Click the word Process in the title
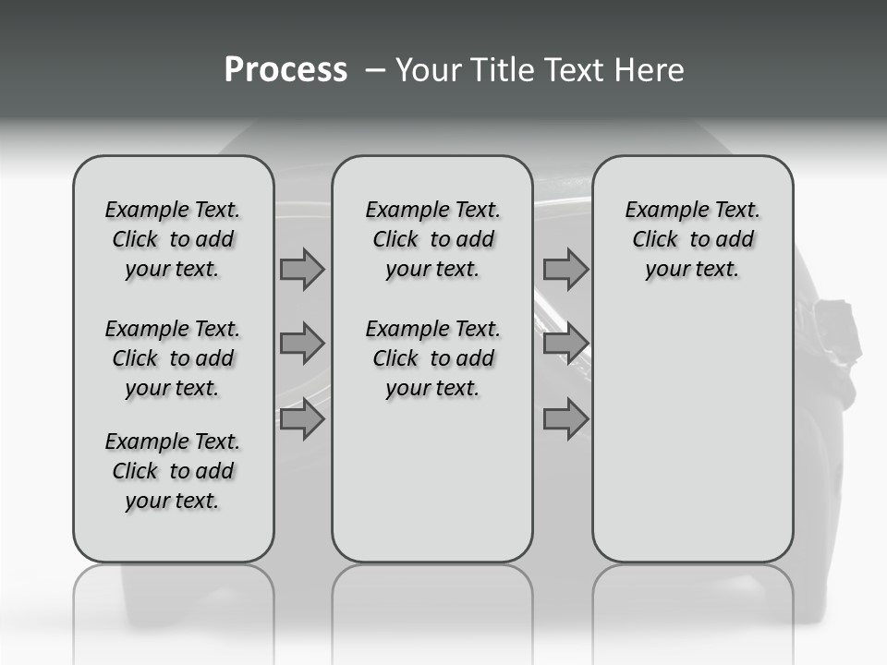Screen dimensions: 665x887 pos(286,70)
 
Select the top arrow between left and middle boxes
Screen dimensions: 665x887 pos(301,270)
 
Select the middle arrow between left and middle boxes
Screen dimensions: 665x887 pos(301,344)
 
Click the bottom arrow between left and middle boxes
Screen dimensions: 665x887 pos(301,420)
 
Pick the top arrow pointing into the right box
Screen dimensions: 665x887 pos(565,270)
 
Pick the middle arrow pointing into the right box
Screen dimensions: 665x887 pos(565,344)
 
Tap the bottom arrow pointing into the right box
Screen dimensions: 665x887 pos(565,420)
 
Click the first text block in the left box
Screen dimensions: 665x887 pos(173,239)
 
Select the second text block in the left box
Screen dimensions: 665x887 pos(173,358)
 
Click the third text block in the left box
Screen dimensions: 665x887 pos(173,471)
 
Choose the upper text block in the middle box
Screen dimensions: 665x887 pos(432,239)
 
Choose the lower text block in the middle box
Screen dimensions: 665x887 pos(432,358)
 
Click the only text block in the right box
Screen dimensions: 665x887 pos(692,239)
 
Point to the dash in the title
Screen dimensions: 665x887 pos(375,71)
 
